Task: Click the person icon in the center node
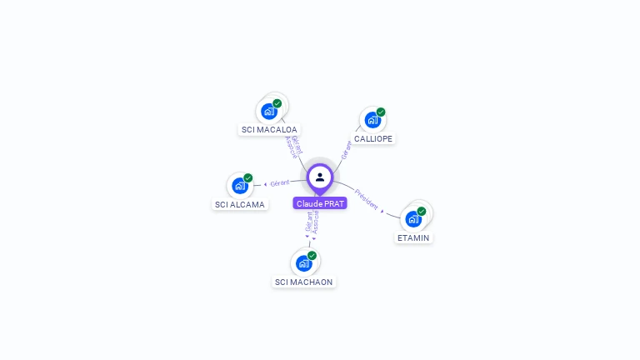320,177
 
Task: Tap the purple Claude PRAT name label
320,203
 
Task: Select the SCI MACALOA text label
269,130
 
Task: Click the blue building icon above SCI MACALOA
268,111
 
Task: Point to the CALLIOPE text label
373,138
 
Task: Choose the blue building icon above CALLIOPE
372,119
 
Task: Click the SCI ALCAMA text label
240,204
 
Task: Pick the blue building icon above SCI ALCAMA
239,185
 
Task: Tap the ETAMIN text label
413,237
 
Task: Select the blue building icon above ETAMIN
412,218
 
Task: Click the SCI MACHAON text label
304,282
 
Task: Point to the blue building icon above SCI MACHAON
303,262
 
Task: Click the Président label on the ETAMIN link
367,197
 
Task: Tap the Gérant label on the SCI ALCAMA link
280,182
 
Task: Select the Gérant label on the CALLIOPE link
347,149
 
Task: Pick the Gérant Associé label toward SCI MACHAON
312,222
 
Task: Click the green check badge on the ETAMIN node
422,211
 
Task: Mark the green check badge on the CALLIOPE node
381,112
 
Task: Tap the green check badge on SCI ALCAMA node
248,177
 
